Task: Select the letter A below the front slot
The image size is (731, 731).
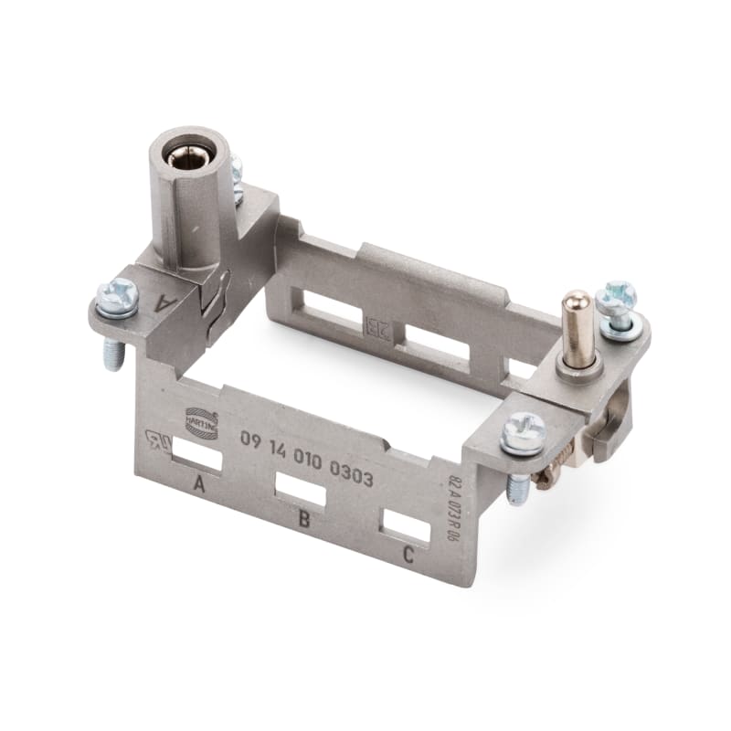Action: [198, 484]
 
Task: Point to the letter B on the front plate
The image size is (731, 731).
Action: [303, 521]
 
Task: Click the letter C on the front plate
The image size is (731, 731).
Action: [408, 554]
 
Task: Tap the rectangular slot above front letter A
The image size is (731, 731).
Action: [196, 453]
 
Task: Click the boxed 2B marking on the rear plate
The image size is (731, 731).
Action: [376, 327]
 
